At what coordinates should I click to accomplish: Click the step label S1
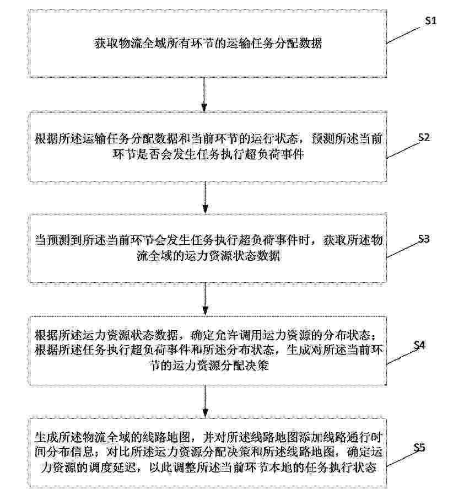point(430,20)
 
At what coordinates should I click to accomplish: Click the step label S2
point(424,137)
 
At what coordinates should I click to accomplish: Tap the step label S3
point(424,239)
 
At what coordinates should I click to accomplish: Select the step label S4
point(419,345)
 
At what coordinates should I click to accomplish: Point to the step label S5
point(419,448)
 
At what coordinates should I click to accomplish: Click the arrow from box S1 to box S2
point(204,95)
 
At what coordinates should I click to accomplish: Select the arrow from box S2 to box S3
point(205,197)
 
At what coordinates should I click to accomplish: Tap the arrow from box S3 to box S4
point(205,299)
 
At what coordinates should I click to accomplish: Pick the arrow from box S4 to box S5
point(205,401)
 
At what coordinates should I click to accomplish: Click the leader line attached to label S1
point(403,35)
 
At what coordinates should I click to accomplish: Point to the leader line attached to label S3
point(404,250)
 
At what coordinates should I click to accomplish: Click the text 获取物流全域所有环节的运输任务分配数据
point(208,43)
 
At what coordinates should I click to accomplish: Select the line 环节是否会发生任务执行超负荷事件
point(208,154)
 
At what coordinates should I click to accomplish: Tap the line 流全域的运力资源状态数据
point(208,255)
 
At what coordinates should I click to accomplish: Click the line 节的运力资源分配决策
point(209,365)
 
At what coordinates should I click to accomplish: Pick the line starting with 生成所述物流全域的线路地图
point(208,437)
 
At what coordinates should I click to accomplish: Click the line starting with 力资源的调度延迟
point(208,467)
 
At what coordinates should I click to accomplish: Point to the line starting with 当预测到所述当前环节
point(208,240)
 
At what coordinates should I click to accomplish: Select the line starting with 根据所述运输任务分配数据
point(208,138)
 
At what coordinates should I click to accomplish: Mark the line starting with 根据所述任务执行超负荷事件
point(208,350)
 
